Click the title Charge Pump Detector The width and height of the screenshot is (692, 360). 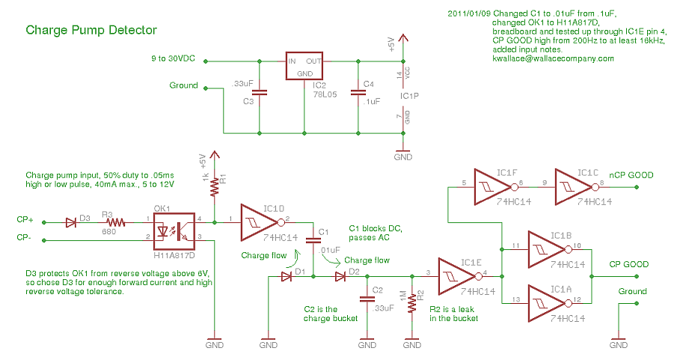(x=91, y=31)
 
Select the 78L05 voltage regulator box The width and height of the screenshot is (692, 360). (x=304, y=67)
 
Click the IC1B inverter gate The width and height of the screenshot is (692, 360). (x=548, y=248)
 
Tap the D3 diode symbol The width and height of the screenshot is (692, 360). (x=71, y=222)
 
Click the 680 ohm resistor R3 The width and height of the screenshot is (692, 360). (x=116, y=222)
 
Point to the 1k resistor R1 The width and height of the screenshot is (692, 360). (x=215, y=186)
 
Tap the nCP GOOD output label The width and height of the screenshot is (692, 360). (x=631, y=175)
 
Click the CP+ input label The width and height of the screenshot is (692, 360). (x=25, y=221)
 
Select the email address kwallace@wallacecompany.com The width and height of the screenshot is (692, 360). (x=553, y=58)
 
